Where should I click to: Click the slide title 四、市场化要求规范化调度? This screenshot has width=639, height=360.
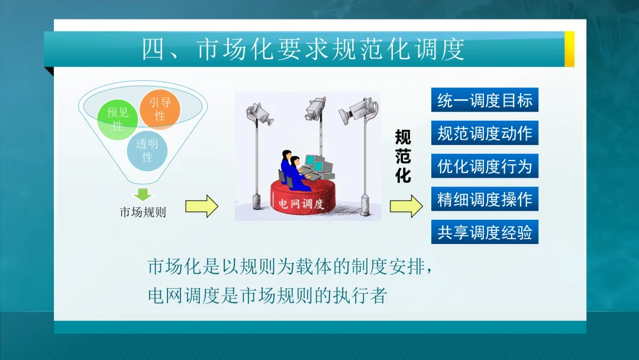point(304,50)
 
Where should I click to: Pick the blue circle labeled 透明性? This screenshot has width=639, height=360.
point(147,150)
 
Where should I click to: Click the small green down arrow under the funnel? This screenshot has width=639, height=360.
point(143,194)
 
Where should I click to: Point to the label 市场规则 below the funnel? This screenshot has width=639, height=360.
point(143,212)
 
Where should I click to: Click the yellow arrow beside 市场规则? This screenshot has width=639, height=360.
point(202,206)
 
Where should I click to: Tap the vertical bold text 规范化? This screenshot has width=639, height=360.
point(403,156)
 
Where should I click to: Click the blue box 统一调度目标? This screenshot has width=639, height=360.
point(485,100)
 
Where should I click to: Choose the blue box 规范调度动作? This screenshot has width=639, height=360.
point(485,133)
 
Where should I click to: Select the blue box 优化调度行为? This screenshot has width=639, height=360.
point(485,166)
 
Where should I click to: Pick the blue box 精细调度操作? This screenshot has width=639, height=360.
point(485,200)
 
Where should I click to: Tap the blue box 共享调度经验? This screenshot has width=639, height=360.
point(485,232)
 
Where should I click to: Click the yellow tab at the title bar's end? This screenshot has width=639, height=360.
point(569,49)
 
